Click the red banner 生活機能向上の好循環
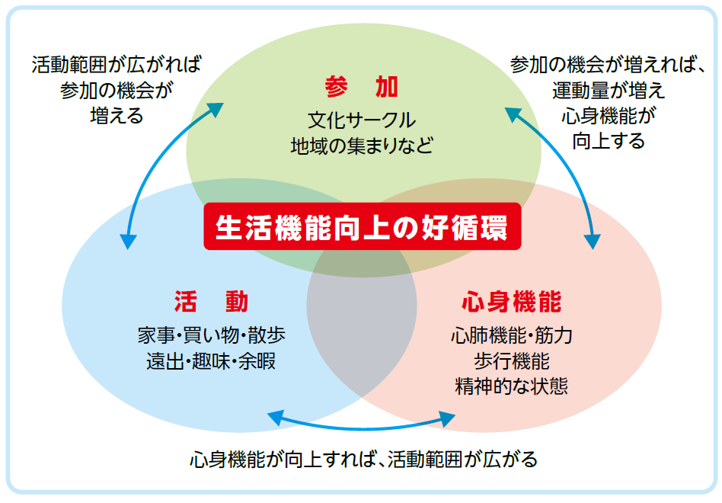click(x=362, y=226)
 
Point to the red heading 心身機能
click(x=511, y=303)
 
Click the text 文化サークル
click(x=362, y=120)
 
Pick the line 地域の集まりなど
click(x=362, y=146)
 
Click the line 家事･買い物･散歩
click(x=212, y=335)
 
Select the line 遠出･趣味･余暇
click(x=212, y=360)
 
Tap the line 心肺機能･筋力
click(x=511, y=335)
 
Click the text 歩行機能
click(x=511, y=360)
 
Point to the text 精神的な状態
click(x=511, y=386)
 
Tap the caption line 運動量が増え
click(x=609, y=90)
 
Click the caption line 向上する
click(x=609, y=141)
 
